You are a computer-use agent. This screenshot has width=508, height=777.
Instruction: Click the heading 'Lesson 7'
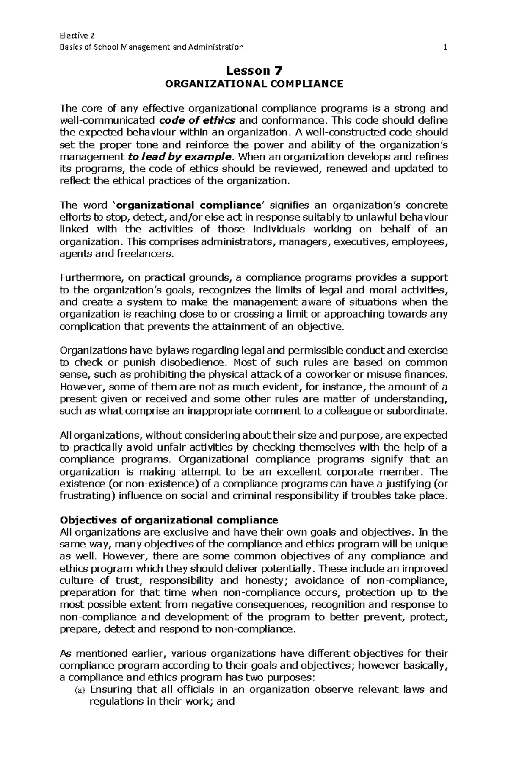[x=254, y=70]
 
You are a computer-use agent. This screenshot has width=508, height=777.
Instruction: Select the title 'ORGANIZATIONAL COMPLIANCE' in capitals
[x=254, y=84]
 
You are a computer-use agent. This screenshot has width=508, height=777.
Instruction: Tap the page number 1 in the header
[x=445, y=47]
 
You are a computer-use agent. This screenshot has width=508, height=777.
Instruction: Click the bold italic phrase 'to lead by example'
[x=180, y=157]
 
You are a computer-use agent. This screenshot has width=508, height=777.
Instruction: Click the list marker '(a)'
[x=80, y=690]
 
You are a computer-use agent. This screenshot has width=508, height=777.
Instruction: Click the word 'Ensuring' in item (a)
[x=111, y=689]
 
